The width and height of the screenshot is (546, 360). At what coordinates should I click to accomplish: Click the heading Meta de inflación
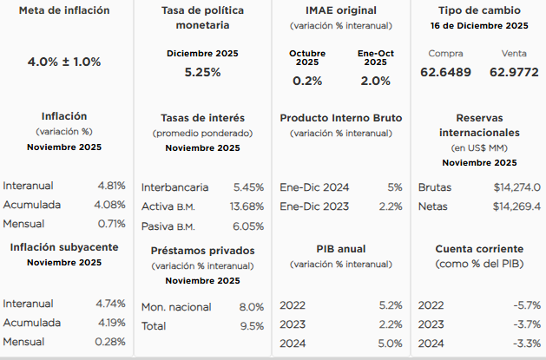click(64, 10)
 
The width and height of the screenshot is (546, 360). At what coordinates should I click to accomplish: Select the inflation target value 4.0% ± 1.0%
click(64, 62)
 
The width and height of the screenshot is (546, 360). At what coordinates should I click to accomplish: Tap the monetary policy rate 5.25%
click(202, 72)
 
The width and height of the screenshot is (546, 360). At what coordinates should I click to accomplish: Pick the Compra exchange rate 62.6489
click(445, 72)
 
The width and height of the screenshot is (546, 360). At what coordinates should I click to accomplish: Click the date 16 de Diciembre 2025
click(479, 26)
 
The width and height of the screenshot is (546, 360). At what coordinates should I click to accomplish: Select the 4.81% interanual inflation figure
click(111, 186)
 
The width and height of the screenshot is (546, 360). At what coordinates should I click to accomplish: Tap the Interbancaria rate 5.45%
click(248, 187)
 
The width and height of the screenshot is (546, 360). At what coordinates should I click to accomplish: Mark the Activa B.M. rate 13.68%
click(247, 206)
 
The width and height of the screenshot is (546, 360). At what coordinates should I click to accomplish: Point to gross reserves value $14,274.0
click(516, 187)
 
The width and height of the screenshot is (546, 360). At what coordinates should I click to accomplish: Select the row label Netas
click(433, 206)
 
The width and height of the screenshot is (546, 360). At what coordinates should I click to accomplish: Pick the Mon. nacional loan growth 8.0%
click(251, 306)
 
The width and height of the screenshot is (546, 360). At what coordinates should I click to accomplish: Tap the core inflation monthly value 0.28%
click(111, 341)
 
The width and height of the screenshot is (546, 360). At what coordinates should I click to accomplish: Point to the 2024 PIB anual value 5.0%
click(390, 344)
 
